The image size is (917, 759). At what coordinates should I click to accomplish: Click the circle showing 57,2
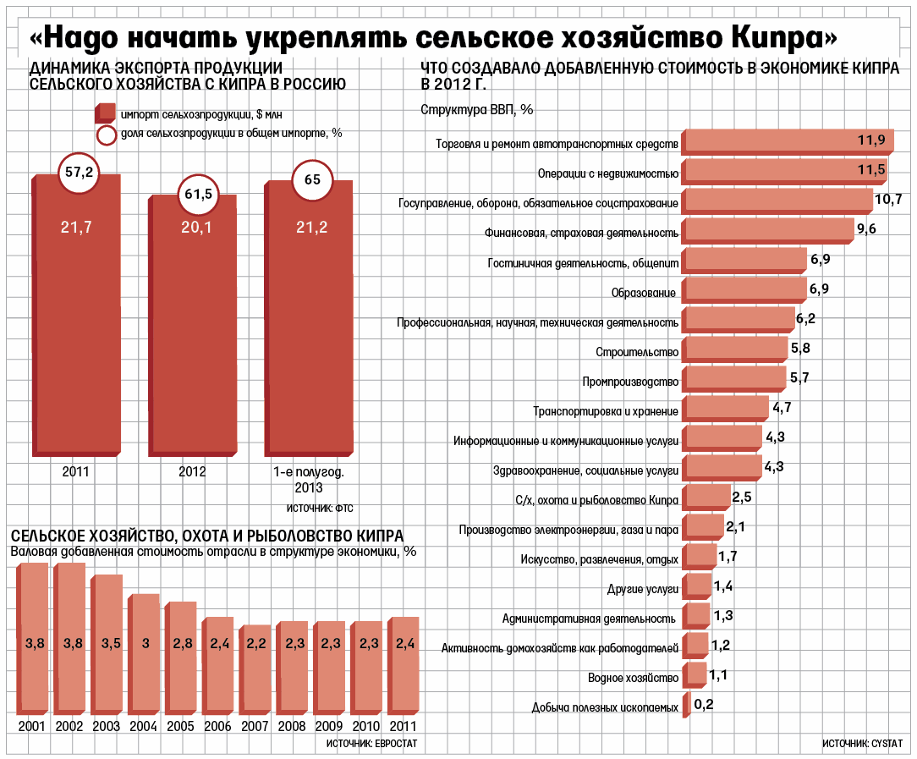(79, 172)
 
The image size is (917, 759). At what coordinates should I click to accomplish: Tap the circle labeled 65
(312, 179)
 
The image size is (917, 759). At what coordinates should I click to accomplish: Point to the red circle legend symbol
(107, 134)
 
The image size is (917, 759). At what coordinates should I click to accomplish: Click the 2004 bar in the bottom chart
(146, 652)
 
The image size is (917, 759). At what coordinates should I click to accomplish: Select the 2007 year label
(254, 727)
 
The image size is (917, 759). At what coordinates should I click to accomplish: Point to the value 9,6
(866, 228)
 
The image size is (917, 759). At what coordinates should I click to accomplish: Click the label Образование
(643, 293)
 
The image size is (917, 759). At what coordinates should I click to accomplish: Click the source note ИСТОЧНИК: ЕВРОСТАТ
(371, 743)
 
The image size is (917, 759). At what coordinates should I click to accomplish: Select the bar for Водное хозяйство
(695, 675)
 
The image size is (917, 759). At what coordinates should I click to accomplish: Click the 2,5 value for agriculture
(742, 496)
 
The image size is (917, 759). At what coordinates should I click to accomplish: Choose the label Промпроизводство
(630, 381)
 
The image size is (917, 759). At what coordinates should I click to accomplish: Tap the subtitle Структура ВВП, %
(476, 108)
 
